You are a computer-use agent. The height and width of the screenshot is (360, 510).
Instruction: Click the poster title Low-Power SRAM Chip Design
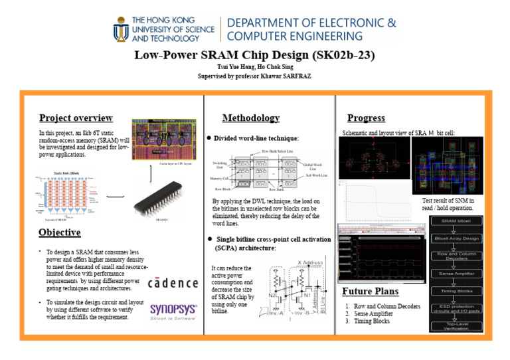255,56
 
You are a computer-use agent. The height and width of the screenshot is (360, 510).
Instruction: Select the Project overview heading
76,118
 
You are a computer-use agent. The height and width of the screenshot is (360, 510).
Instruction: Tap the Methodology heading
250,118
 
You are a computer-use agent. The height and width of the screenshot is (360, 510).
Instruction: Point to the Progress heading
366,118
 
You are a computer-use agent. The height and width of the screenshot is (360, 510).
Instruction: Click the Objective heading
60,232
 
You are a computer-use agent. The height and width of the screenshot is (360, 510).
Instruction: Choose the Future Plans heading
370,291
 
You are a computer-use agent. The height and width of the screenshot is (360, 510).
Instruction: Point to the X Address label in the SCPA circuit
309,262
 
